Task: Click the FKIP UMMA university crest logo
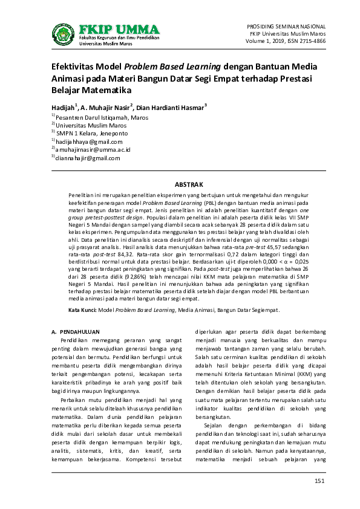tap(63, 35)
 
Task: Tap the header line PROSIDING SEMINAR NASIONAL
tap(287, 27)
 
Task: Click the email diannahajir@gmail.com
tap(88, 158)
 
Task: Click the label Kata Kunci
tap(82, 310)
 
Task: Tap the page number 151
tap(319, 480)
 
